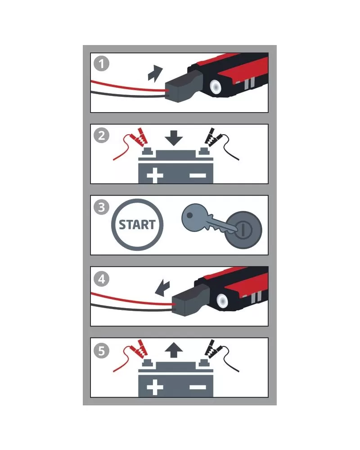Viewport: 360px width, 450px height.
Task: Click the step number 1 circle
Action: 101,64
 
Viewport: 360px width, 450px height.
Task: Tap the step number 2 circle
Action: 101,136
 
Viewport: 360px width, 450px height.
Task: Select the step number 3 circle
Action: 101,207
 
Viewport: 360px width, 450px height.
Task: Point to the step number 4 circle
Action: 101,279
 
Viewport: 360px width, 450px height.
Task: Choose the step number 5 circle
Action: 101,351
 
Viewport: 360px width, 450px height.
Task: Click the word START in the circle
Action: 137,225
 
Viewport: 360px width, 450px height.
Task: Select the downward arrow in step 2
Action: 174,138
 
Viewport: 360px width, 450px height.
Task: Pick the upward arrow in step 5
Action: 174,350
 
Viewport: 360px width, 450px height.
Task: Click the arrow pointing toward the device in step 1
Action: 155,74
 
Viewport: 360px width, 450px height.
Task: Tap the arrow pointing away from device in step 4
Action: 162,288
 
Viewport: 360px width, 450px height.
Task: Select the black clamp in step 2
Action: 212,137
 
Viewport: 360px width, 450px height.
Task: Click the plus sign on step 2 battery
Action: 155,175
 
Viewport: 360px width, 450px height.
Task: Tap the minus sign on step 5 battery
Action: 198,387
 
